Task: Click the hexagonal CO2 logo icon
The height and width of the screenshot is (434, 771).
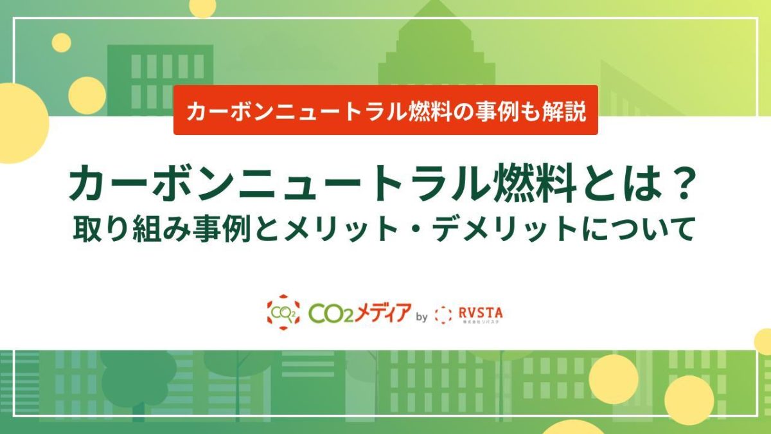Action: coord(283,313)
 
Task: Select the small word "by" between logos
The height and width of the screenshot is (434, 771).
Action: coord(422,316)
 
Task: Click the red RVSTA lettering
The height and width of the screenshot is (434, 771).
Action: coord(481,312)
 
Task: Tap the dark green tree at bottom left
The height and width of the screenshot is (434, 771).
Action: coord(138,379)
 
